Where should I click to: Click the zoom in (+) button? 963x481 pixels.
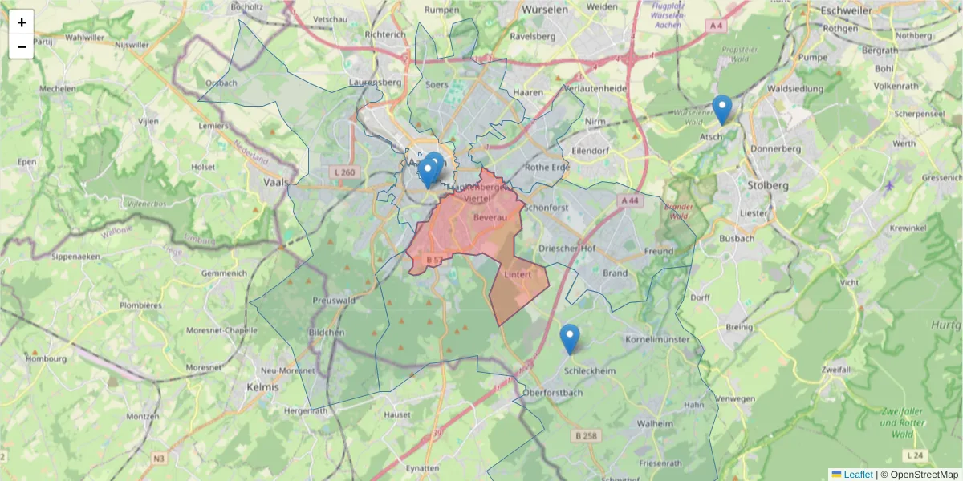click(22, 22)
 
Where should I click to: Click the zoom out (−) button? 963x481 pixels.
click(22, 46)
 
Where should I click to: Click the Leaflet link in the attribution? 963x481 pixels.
click(857, 475)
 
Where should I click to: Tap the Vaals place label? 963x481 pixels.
click(275, 182)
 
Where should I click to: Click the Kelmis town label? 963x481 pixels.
click(264, 386)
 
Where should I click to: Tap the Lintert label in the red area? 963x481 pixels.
click(518, 274)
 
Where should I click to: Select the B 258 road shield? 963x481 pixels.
click(587, 435)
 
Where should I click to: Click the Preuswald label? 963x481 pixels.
click(333, 301)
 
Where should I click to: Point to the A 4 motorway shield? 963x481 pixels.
click(717, 26)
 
